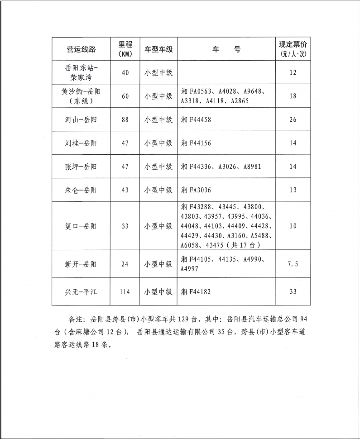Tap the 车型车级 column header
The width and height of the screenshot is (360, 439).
pyautogui.click(x=158, y=49)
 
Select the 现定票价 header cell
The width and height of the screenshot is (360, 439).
pyautogui.click(x=293, y=48)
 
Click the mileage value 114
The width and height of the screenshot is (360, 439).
pyautogui.click(x=125, y=291)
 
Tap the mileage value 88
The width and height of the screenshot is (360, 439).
pyautogui.click(x=125, y=120)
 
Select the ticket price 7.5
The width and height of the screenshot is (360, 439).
pyautogui.click(x=293, y=264)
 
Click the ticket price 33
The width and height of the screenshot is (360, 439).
pyautogui.click(x=293, y=291)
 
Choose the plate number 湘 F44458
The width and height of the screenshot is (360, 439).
pyautogui.click(x=196, y=120)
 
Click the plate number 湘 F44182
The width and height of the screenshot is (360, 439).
pyautogui.click(x=196, y=291)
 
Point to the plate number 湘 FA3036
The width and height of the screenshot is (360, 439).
pyautogui.click(x=196, y=190)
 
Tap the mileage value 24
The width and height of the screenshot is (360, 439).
pyautogui.click(x=125, y=264)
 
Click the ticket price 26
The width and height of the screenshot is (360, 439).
pyautogui.click(x=293, y=120)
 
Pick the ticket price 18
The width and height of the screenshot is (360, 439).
pyautogui.click(x=293, y=96)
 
